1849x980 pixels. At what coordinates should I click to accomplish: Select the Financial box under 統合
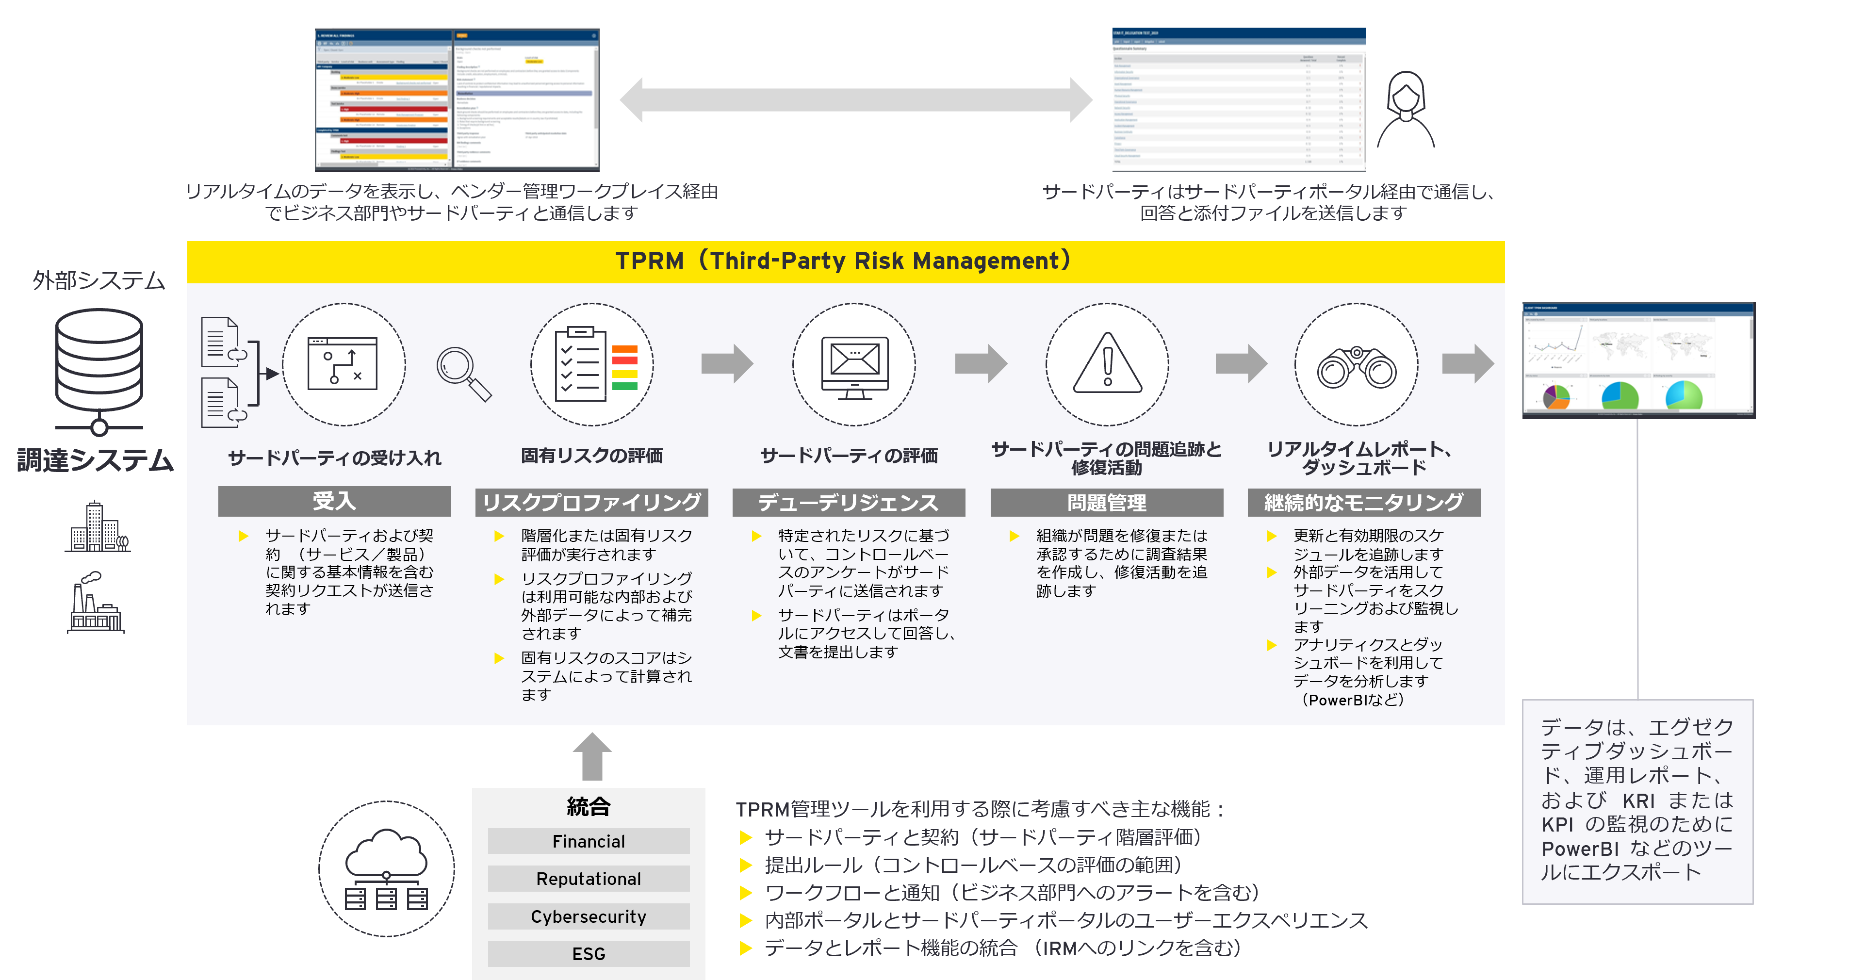click(589, 841)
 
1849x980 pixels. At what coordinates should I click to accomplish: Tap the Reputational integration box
click(589, 879)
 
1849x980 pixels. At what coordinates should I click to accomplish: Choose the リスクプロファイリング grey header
click(591, 502)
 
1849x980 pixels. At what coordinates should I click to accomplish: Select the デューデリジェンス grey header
click(849, 502)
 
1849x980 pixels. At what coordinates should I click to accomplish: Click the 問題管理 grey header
click(1107, 502)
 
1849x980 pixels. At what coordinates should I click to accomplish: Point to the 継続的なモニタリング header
click(1364, 502)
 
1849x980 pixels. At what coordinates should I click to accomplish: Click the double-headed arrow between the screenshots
click(855, 100)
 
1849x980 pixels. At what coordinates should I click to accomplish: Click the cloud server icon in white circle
click(386, 869)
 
